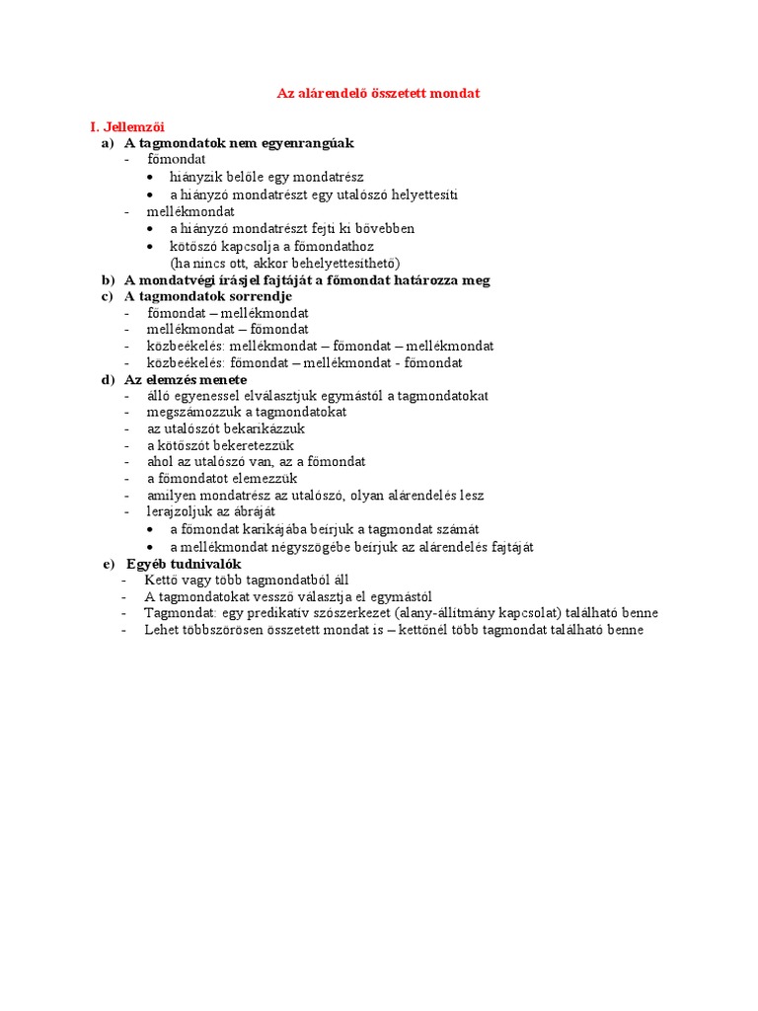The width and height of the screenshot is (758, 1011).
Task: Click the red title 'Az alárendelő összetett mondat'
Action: click(378, 93)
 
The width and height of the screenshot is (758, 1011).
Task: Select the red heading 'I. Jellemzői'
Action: click(127, 127)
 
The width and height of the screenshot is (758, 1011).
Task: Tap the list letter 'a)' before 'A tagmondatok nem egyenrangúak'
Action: click(108, 144)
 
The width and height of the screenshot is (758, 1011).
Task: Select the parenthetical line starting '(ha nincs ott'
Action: click(285, 263)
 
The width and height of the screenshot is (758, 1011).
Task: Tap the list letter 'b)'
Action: click(108, 279)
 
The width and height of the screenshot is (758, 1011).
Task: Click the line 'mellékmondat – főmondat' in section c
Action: click(228, 329)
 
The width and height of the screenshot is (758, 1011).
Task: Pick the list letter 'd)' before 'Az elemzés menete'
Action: click(108, 380)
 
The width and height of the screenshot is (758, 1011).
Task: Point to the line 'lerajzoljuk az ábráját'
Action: click(211, 512)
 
